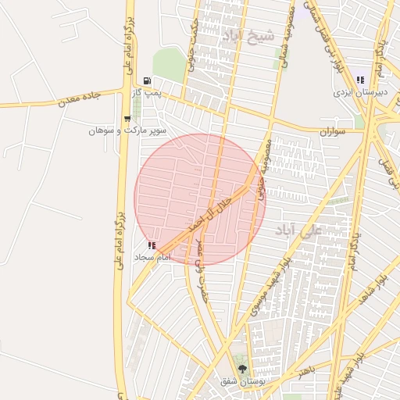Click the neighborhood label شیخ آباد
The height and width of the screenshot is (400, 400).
[248, 35]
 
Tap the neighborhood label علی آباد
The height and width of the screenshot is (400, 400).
[298, 230]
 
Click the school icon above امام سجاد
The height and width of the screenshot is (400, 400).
[152, 245]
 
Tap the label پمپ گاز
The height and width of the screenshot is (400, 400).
[146, 93]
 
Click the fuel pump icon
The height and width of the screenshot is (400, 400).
[146, 81]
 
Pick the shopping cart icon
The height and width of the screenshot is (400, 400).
[127, 119]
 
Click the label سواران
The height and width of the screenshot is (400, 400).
[332, 132]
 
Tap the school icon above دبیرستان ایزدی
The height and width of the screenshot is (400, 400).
[360, 80]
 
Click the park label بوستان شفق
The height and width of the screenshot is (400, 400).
[240, 381]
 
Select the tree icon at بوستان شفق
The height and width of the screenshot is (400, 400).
[241, 369]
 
